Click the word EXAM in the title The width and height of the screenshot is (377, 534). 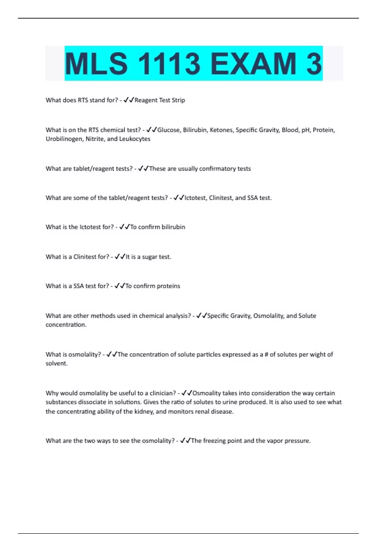pyautogui.click(x=253, y=64)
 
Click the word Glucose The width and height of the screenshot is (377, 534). pyautogui.click(x=168, y=130)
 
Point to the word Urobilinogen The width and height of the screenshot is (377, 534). pyautogui.click(x=64, y=139)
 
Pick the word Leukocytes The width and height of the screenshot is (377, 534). pyautogui.click(x=135, y=139)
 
